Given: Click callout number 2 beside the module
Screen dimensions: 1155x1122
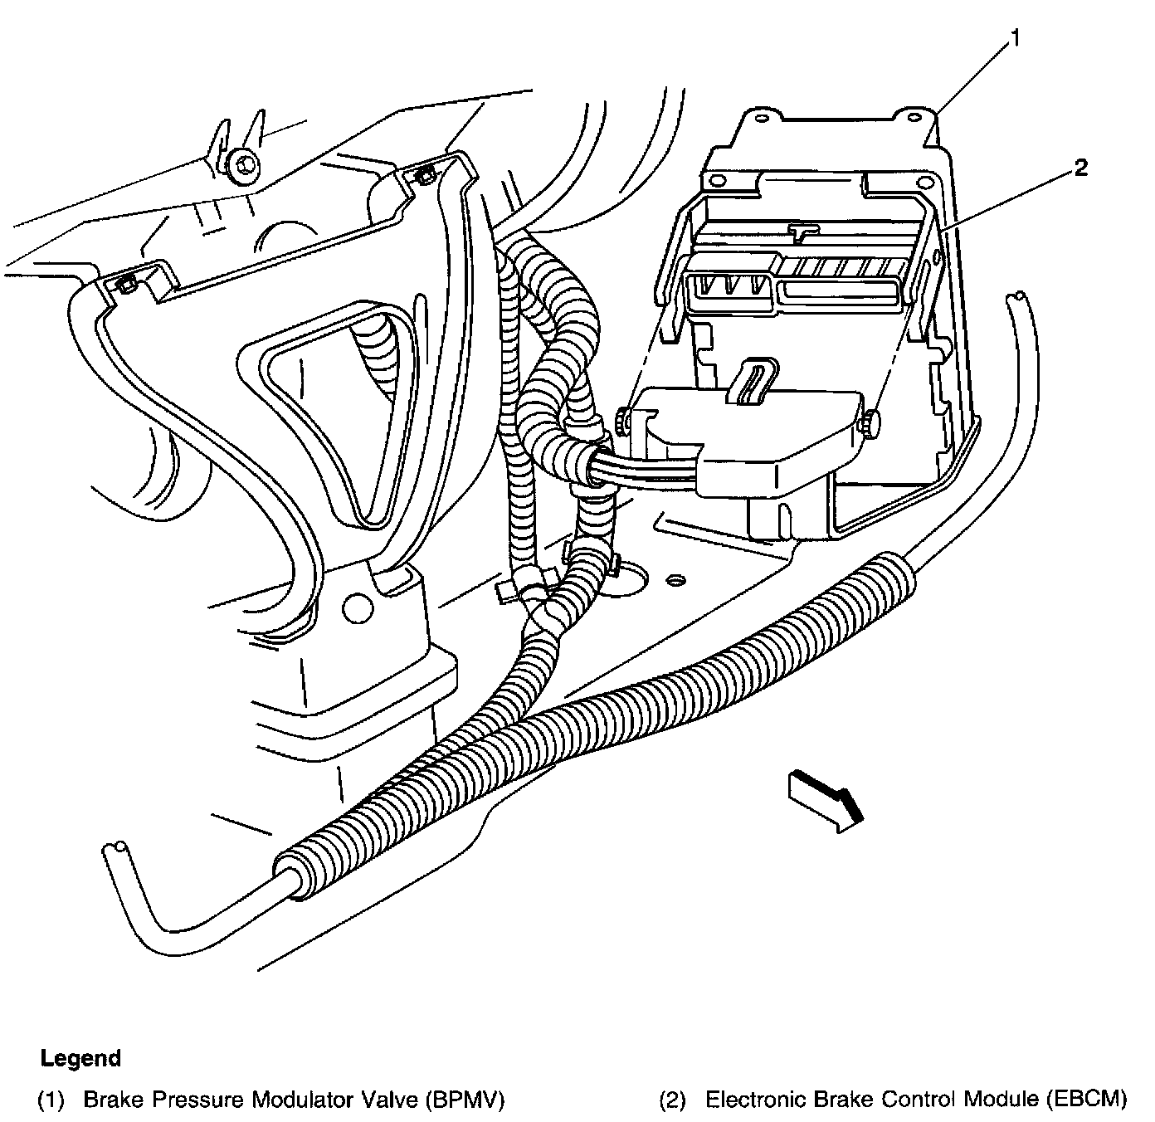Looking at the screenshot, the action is [x=1079, y=168].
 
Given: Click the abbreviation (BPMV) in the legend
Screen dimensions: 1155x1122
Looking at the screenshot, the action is [x=465, y=1100].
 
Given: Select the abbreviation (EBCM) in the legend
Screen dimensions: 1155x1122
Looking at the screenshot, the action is [x=1086, y=1100].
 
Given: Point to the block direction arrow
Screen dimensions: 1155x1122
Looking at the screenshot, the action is [x=826, y=798].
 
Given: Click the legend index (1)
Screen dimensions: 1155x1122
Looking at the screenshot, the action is [x=50, y=1100].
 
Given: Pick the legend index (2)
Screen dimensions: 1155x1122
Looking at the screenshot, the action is [x=672, y=1100].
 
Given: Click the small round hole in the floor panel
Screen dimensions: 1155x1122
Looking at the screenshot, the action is [x=675, y=578].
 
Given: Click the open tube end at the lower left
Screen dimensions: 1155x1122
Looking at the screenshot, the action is [x=115, y=849].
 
